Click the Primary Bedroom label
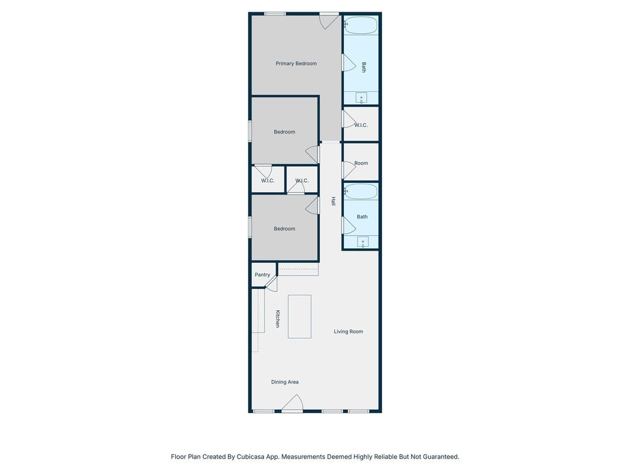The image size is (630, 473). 296,63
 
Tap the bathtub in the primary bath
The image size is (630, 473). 361,25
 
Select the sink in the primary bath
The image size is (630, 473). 361,98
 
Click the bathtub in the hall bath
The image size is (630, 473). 361,192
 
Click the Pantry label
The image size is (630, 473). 262,275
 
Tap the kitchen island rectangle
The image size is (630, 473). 300,317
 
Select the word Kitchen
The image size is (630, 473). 277,318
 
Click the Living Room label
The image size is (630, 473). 348,331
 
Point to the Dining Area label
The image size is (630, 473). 285,382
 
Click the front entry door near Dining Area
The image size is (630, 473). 292,403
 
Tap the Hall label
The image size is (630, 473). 333,201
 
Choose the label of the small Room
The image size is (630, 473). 361,163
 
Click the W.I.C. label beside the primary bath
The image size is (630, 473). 361,125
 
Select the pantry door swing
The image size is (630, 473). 271,283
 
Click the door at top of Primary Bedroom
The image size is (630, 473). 330,21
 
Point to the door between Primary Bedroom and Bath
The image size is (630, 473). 348,63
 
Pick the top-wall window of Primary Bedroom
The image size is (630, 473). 275,14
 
